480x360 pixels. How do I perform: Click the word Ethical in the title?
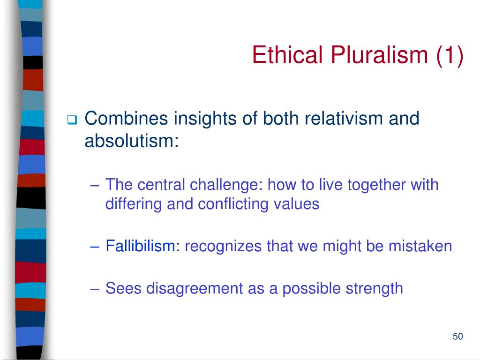point(287,55)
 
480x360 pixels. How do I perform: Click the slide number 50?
point(457,336)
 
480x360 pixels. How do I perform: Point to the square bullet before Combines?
point(72,120)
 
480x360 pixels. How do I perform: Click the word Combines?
point(126,118)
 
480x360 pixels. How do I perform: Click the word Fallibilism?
point(141,246)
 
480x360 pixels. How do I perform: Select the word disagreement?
point(195,289)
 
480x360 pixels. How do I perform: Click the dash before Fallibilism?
point(95,247)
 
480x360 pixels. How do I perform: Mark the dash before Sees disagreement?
point(95,289)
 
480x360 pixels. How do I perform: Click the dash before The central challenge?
point(95,186)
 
